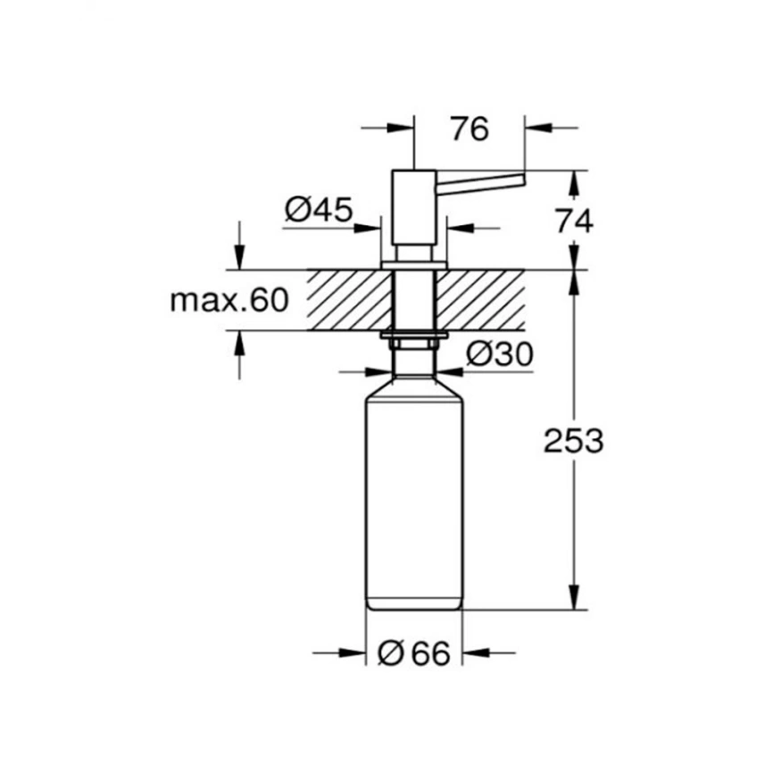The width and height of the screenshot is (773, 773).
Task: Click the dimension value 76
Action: (x=470, y=129)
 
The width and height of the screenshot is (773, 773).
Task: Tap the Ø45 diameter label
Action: (x=319, y=210)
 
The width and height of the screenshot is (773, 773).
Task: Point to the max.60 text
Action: (x=229, y=300)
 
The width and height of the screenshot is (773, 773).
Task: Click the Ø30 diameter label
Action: (x=500, y=354)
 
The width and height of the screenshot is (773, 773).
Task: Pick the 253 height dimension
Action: (x=573, y=441)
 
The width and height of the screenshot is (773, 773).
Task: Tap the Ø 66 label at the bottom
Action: (x=414, y=653)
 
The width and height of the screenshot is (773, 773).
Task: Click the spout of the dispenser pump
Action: (x=480, y=179)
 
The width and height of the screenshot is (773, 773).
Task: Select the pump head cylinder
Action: (x=413, y=206)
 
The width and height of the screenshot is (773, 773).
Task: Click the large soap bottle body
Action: (x=414, y=493)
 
